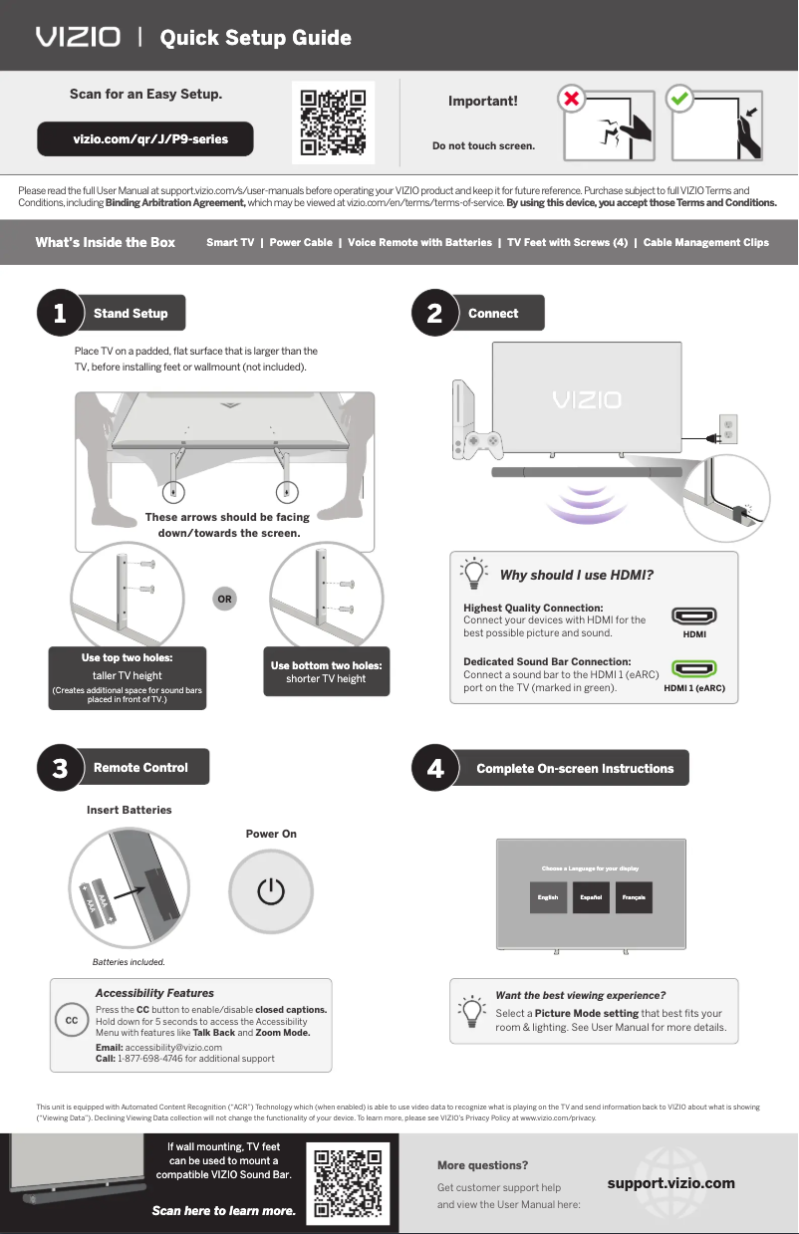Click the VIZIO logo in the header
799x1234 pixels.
pyautogui.click(x=78, y=37)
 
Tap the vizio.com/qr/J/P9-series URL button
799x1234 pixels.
pyautogui.click(x=145, y=139)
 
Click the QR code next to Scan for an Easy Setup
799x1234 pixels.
pyautogui.click(x=334, y=123)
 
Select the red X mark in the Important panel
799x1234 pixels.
pyautogui.click(x=571, y=100)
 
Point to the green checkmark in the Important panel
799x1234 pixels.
pyautogui.click(x=679, y=100)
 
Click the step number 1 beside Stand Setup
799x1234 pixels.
pyautogui.click(x=60, y=313)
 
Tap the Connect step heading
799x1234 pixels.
pyautogui.click(x=493, y=313)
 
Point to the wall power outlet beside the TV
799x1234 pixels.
pyautogui.click(x=728, y=430)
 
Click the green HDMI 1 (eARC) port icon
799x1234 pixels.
pyautogui.click(x=694, y=669)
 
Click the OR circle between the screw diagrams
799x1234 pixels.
pyautogui.click(x=225, y=600)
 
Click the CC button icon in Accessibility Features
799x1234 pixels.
pyautogui.click(x=72, y=1021)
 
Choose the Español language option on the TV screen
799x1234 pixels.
pyautogui.click(x=592, y=897)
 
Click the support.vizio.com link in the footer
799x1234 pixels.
pyautogui.click(x=670, y=1183)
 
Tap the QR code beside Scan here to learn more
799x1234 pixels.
pyautogui.click(x=348, y=1183)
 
